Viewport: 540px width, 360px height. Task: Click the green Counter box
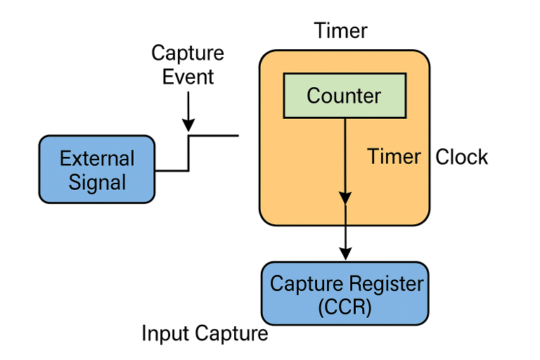click(x=344, y=95)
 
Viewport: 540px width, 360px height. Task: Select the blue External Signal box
click(x=97, y=169)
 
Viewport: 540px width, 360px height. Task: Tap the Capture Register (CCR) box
click(x=345, y=293)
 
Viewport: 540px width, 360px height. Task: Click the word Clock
click(x=461, y=157)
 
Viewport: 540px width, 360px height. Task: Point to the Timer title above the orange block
click(x=340, y=31)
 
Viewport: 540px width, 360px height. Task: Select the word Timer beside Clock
click(x=394, y=157)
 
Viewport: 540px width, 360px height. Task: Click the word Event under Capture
click(x=188, y=76)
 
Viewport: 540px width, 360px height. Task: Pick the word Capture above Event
click(x=188, y=53)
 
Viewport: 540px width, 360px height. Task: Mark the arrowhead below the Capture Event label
click(x=188, y=124)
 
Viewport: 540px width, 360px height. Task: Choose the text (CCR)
click(x=345, y=307)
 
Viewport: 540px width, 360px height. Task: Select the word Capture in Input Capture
click(x=232, y=333)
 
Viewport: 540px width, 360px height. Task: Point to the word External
click(x=97, y=158)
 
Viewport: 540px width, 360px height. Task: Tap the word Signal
click(x=97, y=182)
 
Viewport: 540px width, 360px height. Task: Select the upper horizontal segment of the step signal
click(x=214, y=135)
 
